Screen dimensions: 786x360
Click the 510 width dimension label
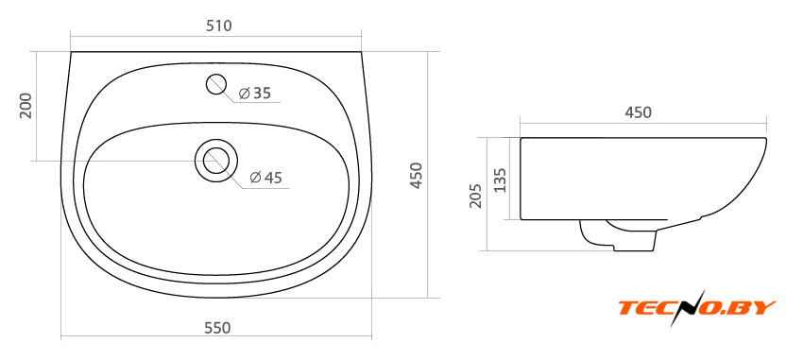click(x=219, y=26)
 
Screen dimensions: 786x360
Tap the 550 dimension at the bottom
click(x=217, y=328)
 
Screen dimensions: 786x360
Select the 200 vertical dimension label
click(x=26, y=105)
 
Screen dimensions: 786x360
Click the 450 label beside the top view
click(x=417, y=175)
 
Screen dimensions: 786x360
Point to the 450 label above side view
click(x=638, y=112)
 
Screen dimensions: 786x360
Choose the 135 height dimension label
click(x=501, y=180)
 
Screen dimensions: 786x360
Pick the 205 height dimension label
click(x=476, y=196)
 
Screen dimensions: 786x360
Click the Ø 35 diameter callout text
click(x=255, y=93)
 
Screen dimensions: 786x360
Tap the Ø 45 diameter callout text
click(x=265, y=177)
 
